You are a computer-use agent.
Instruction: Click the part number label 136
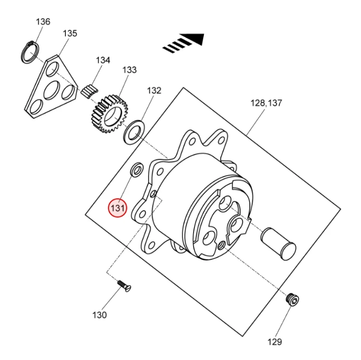tap(43, 22)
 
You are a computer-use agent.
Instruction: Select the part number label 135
tap(70, 33)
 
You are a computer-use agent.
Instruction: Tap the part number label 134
tap(103, 60)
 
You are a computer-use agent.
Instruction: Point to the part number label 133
tap(129, 70)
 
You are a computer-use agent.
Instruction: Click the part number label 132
tap(154, 90)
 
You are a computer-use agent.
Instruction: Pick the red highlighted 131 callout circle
tap(118, 209)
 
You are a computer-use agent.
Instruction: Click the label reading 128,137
tap(266, 103)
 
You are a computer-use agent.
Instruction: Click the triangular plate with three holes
tap(51, 87)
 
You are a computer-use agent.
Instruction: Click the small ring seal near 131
tap(137, 170)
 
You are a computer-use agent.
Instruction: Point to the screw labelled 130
tap(124, 286)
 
